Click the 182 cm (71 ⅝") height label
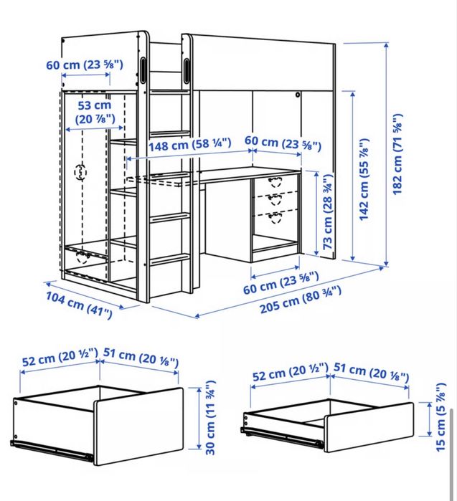[x=397, y=154]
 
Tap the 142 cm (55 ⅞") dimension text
[x=364, y=179]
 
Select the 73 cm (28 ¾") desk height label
[x=328, y=212]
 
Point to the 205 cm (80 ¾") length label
[x=301, y=300]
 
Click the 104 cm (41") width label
[x=79, y=305]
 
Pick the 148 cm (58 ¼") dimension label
[x=189, y=144]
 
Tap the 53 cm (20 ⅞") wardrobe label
[x=95, y=112]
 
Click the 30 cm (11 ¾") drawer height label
[x=210, y=417]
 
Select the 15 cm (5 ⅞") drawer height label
[x=440, y=417]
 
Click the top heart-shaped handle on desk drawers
[x=274, y=182]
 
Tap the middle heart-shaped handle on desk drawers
[x=275, y=200]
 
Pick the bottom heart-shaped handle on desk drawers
[x=275, y=218]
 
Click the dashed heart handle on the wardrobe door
[x=80, y=172]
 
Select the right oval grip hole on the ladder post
[x=187, y=71]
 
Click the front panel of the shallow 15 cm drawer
[x=369, y=427]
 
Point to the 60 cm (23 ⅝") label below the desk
[x=281, y=282]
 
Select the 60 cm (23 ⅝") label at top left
[x=85, y=65]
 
